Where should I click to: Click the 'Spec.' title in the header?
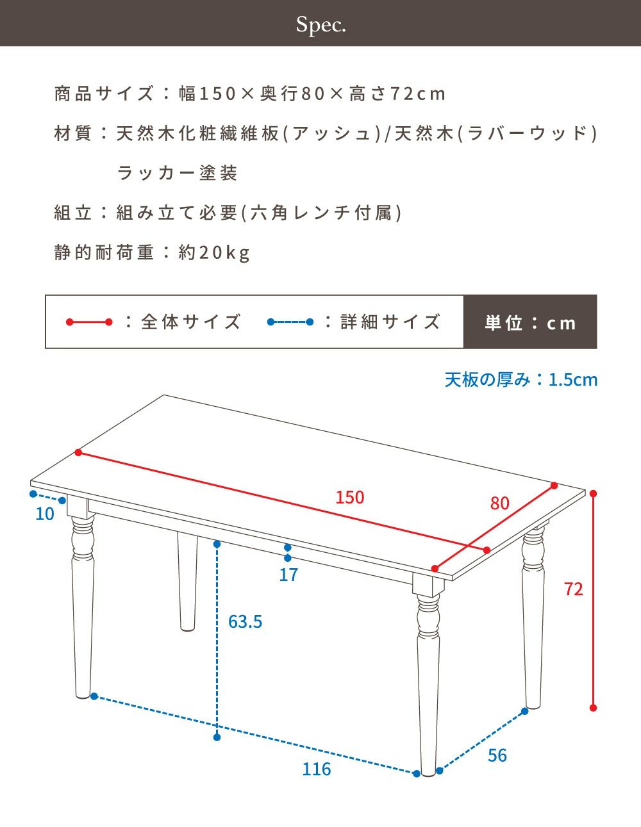pos(321,25)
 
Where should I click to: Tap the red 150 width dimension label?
pos(349,497)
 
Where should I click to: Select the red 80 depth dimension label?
pos(499,503)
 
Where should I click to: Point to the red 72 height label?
pos(574,589)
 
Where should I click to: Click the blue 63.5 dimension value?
pos(245,621)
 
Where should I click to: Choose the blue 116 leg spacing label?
pos(316,769)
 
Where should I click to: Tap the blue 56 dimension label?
pos(497,755)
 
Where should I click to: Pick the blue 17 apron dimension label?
pos(288,575)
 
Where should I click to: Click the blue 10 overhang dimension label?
pos(45,514)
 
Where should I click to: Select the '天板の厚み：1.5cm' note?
pos(521,380)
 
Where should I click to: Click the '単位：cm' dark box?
pos(530,322)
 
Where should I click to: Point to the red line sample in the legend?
pos(89,322)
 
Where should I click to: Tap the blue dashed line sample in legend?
pos(290,322)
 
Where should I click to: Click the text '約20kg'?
pos(214,252)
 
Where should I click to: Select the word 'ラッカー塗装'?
pos(178,173)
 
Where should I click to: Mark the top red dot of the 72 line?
pos(593,494)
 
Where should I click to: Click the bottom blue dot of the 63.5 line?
pos(217,737)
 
